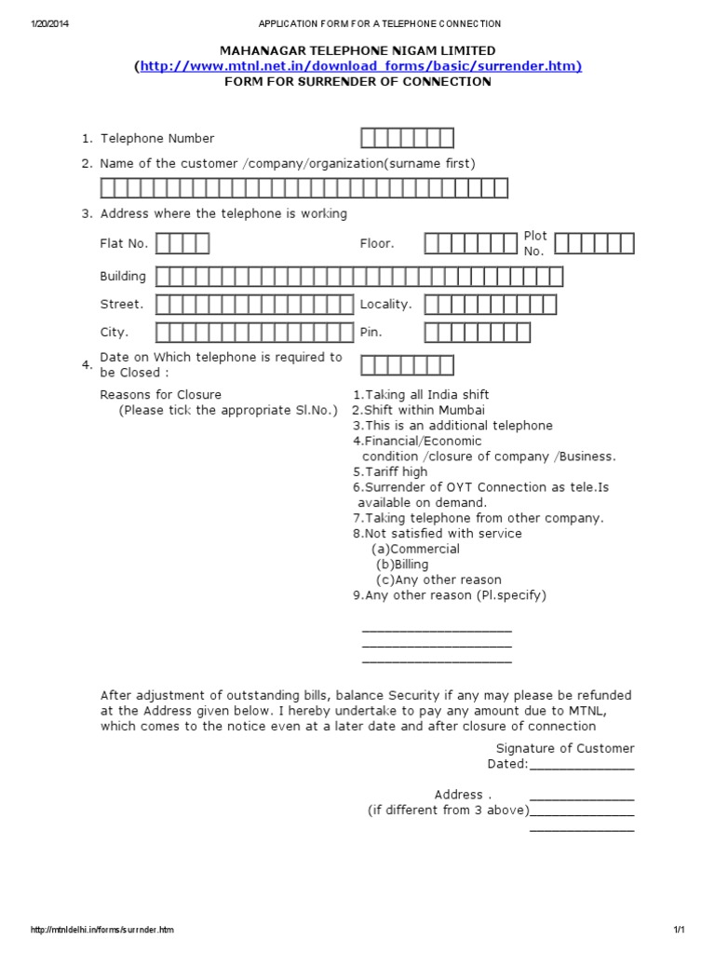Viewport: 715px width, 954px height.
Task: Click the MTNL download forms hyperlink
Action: [x=359, y=65]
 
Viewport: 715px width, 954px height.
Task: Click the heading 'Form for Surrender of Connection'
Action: [x=357, y=81]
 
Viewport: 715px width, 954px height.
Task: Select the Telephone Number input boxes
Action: [x=407, y=139]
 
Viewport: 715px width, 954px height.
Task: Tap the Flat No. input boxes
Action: [x=182, y=244]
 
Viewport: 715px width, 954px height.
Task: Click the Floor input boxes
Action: [x=470, y=244]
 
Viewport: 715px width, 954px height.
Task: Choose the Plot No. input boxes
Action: [x=594, y=244]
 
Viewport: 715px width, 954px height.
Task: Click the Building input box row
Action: [x=359, y=277]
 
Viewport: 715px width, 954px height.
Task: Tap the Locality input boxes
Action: [x=491, y=305]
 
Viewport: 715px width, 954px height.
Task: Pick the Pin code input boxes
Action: [x=477, y=333]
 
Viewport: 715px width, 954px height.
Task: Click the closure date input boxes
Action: [x=407, y=365]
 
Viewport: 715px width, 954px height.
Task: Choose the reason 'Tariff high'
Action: [x=390, y=472]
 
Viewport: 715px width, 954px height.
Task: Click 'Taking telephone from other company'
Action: [x=479, y=518]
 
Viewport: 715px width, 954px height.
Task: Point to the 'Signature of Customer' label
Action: [x=564, y=748]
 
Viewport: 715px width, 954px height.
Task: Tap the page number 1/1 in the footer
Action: [x=679, y=931]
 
